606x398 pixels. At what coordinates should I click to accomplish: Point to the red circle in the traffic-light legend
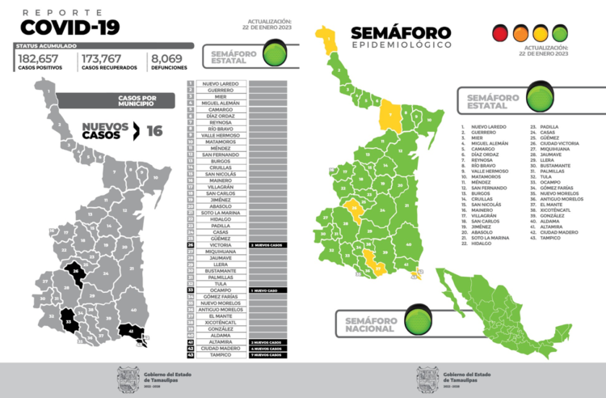500,33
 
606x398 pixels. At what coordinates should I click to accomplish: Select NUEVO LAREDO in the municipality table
218,83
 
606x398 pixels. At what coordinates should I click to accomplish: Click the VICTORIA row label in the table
218,244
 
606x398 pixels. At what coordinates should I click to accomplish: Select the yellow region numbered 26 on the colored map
354,211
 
